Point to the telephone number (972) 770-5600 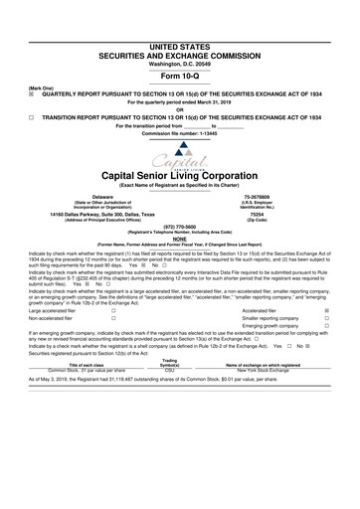pyautogui.click(x=180, y=227)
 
